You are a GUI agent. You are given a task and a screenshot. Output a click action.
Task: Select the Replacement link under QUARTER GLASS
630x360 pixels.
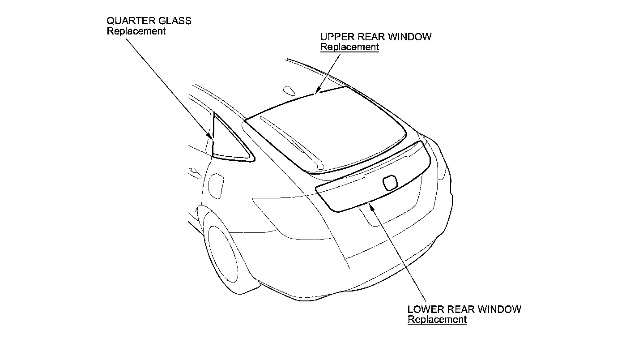[136, 31]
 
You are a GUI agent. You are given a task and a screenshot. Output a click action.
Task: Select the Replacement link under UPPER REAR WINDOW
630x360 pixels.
[349, 47]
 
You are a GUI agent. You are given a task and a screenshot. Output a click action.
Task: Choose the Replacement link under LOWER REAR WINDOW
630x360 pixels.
[437, 319]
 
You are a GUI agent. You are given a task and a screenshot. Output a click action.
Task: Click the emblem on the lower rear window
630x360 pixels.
[389, 182]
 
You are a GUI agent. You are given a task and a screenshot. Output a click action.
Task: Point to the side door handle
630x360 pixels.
[194, 172]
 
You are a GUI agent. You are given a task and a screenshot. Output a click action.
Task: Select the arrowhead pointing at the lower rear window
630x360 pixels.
[370, 206]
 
